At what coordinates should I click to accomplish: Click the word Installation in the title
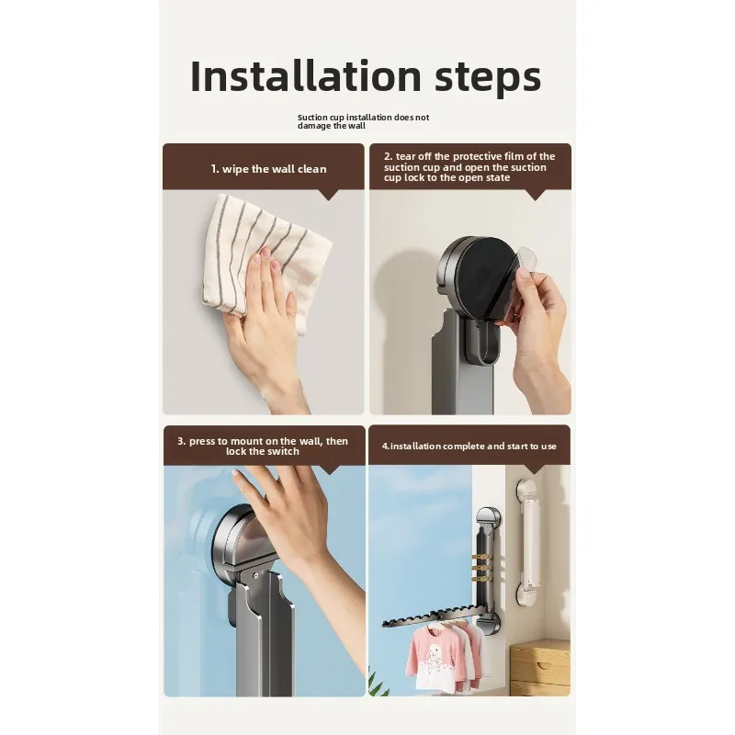pyautogui.click(x=306, y=76)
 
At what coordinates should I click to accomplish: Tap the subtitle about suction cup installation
pyautogui.click(x=363, y=121)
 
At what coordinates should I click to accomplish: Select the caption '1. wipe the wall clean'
pyautogui.click(x=268, y=169)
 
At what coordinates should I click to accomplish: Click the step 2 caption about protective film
pyautogui.click(x=469, y=167)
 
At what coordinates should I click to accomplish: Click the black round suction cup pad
pyautogui.click(x=488, y=277)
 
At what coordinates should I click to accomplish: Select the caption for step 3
pyautogui.click(x=263, y=446)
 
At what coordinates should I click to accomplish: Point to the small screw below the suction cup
pyautogui.click(x=255, y=574)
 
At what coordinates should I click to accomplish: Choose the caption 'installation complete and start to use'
pyautogui.click(x=469, y=447)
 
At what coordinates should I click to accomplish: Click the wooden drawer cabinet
pyautogui.click(x=540, y=665)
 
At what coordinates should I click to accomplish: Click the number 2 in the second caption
pyautogui.click(x=387, y=156)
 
